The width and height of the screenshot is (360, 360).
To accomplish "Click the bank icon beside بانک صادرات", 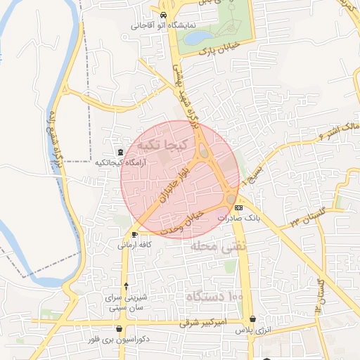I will point(238,207).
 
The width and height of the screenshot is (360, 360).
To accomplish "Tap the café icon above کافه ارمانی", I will point(134,234).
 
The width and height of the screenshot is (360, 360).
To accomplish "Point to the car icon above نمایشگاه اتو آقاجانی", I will point(163,15).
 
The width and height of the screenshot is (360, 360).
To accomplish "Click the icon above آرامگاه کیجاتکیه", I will point(120,152).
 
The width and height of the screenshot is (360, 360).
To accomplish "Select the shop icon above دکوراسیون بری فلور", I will point(120,328).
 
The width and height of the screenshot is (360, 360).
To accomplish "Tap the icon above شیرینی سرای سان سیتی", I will point(126,285).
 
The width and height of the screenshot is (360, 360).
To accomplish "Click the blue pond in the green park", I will point(199,37).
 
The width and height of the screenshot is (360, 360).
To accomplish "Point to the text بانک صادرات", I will point(234,218).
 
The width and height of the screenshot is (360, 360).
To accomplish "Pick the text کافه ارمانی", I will point(134,245).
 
